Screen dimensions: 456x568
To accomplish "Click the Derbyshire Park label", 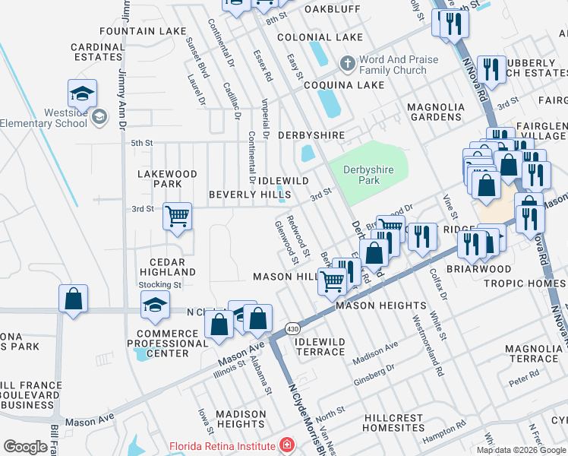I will coord(368,175).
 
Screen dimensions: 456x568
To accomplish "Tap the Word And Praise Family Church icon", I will coord(347,63).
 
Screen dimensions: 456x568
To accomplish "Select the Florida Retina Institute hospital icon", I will coord(287,445).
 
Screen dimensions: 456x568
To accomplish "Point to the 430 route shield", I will coord(292,328).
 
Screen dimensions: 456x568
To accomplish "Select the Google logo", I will coord(25,447).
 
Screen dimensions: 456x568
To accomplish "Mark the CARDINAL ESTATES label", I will coord(97,52).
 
